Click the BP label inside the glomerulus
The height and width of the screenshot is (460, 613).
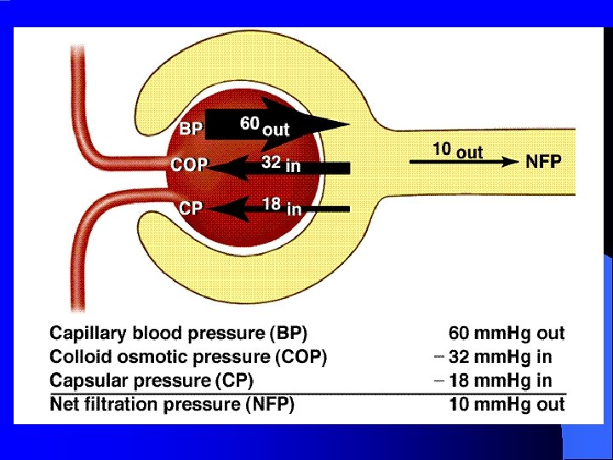[192, 129]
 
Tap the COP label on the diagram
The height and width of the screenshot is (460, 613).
[189, 165]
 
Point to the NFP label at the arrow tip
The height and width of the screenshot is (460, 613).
[543, 161]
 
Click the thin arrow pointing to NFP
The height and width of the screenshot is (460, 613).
[464, 161]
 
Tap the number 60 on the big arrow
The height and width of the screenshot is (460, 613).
[249, 124]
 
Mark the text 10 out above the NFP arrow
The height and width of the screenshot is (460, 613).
[457, 150]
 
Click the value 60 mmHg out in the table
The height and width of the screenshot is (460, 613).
[507, 333]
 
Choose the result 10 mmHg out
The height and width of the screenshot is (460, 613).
[507, 405]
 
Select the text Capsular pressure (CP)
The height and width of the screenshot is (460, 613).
[152, 380]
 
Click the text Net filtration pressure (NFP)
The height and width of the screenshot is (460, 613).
[173, 405]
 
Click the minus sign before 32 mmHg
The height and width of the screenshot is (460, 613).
[438, 356]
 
